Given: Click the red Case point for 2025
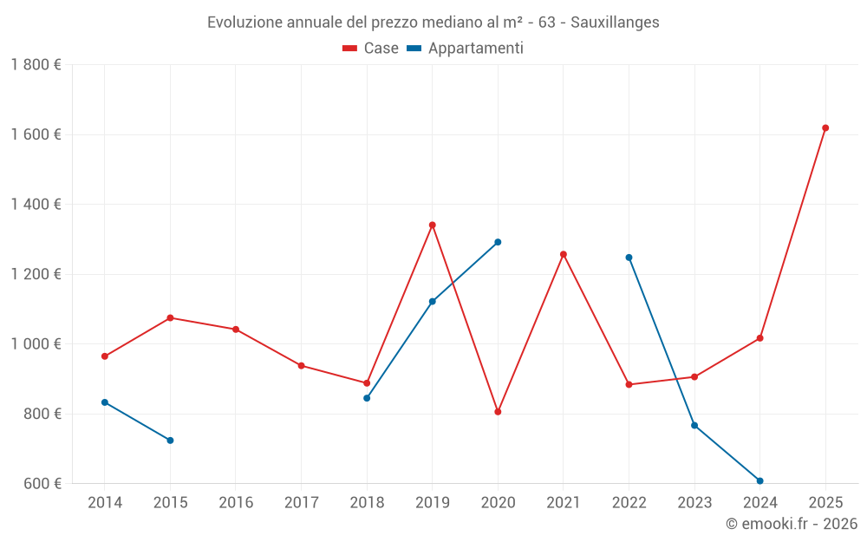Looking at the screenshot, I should tap(825, 128).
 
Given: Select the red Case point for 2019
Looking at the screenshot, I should tap(433, 225).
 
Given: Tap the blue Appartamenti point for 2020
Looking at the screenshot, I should tap(498, 242).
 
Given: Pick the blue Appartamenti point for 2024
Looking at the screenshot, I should tap(760, 480).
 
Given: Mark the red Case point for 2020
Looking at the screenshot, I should tap(498, 412).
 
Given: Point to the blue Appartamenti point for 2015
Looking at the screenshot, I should tap(170, 441).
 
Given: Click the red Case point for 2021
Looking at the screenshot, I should tap(564, 254).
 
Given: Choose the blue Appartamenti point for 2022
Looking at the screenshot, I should tap(629, 258).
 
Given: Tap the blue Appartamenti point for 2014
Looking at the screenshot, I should tap(105, 402).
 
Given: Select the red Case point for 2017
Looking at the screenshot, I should tap(301, 366).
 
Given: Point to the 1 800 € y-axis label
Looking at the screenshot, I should tap(36, 65).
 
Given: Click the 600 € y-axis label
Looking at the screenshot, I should tap(42, 484).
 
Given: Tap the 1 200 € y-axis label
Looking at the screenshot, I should tap(36, 275).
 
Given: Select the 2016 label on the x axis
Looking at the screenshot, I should tap(236, 503).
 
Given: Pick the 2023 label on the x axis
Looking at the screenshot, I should tap(694, 503).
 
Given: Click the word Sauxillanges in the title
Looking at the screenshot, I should tap(615, 23).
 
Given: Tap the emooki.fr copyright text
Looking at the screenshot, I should tap(792, 524).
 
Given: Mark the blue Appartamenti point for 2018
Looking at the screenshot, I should tap(367, 398).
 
